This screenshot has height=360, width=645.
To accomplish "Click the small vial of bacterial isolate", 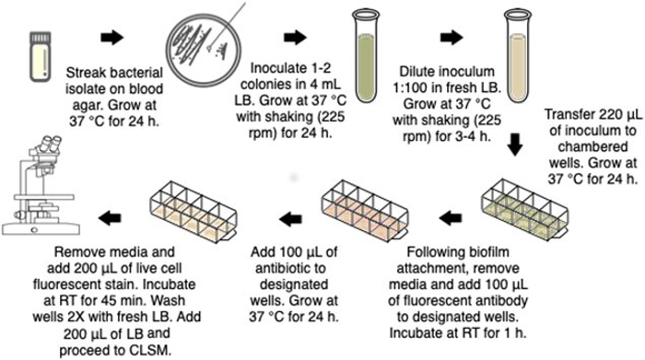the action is coord(41,57).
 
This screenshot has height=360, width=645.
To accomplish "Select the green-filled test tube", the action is coord(365,57).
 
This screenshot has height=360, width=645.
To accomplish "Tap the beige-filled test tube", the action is coord(518,57).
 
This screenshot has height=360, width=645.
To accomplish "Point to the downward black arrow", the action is coord(514,144).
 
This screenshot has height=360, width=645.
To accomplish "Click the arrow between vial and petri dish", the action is coord(111,38).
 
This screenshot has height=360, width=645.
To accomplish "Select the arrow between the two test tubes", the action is coord(451,38).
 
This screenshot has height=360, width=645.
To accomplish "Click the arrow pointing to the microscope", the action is coord(110,218).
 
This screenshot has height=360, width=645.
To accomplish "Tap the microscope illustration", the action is coord(41,186).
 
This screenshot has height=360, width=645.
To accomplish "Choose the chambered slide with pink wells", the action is coord(364,210).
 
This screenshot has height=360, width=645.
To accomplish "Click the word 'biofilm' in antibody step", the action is coord(487,252).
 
